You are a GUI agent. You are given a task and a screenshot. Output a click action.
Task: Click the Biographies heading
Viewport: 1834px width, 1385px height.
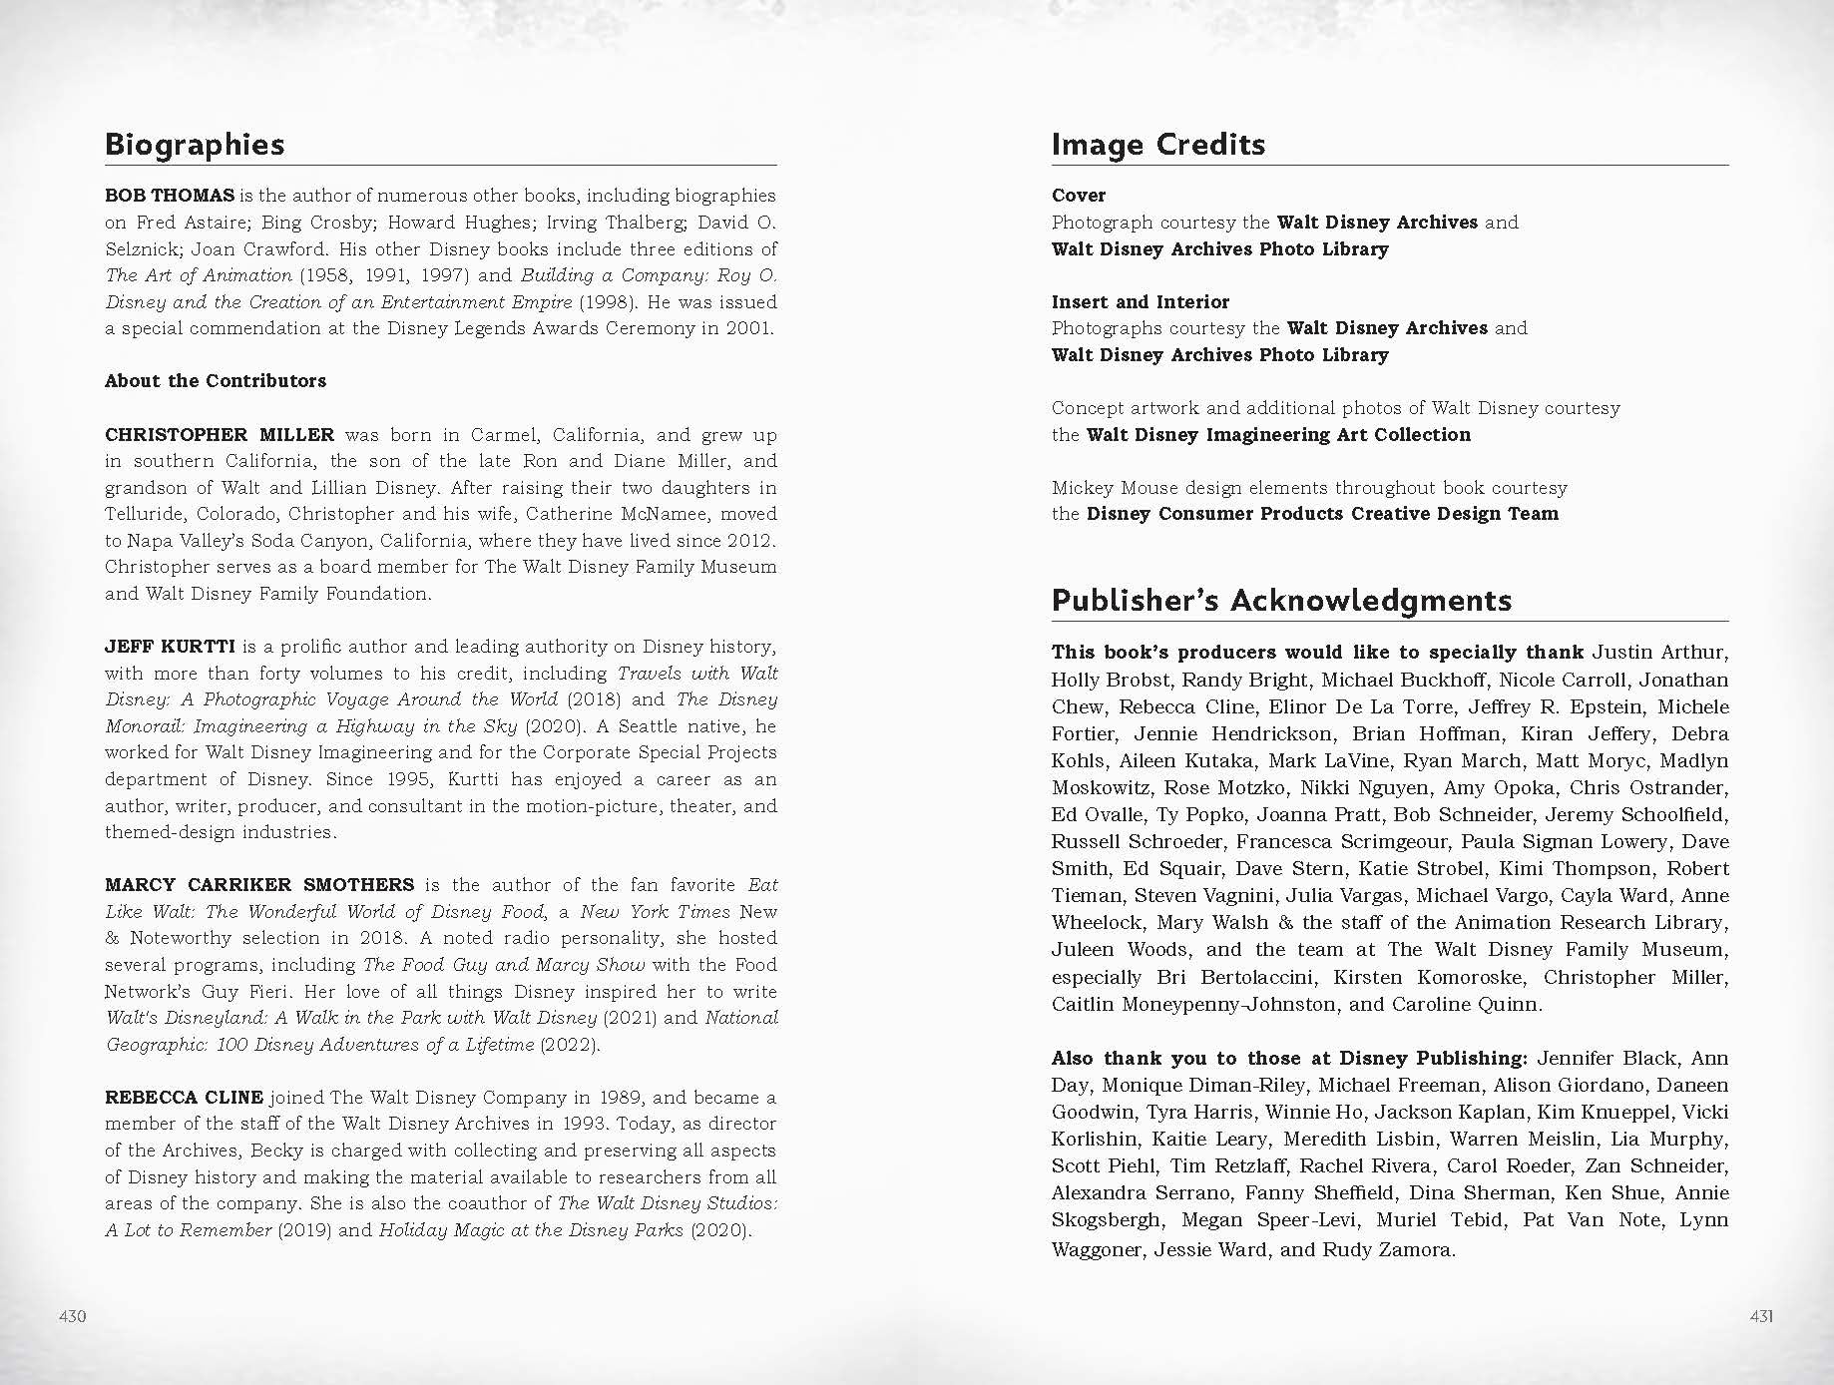click(195, 145)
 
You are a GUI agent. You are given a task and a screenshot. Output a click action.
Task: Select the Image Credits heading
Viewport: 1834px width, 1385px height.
click(1157, 145)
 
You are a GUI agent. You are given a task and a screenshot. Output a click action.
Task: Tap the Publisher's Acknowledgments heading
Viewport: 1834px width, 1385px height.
click(1281, 600)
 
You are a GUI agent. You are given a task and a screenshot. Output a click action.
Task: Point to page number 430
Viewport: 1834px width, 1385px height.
click(73, 1316)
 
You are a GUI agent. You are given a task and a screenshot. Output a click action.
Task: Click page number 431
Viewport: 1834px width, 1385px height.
click(1761, 1316)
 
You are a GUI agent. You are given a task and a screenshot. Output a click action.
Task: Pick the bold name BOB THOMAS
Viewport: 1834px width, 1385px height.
click(170, 196)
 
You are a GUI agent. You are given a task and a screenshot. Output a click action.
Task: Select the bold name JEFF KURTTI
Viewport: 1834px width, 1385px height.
click(170, 647)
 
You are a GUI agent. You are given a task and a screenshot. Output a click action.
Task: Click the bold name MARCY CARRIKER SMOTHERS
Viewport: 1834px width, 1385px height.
click(259, 885)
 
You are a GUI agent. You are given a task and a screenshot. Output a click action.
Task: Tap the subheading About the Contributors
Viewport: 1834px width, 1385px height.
click(216, 381)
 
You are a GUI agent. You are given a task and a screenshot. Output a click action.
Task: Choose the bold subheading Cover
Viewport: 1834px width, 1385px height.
click(1079, 196)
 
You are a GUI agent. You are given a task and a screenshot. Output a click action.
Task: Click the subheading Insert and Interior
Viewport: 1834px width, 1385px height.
click(1141, 301)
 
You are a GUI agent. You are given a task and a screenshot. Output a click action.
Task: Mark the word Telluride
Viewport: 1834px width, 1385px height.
click(145, 514)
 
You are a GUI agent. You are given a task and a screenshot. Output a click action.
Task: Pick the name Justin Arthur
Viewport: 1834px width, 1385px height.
click(1657, 653)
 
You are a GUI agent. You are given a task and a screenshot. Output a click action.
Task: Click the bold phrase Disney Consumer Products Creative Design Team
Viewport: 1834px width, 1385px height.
click(1322, 514)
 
